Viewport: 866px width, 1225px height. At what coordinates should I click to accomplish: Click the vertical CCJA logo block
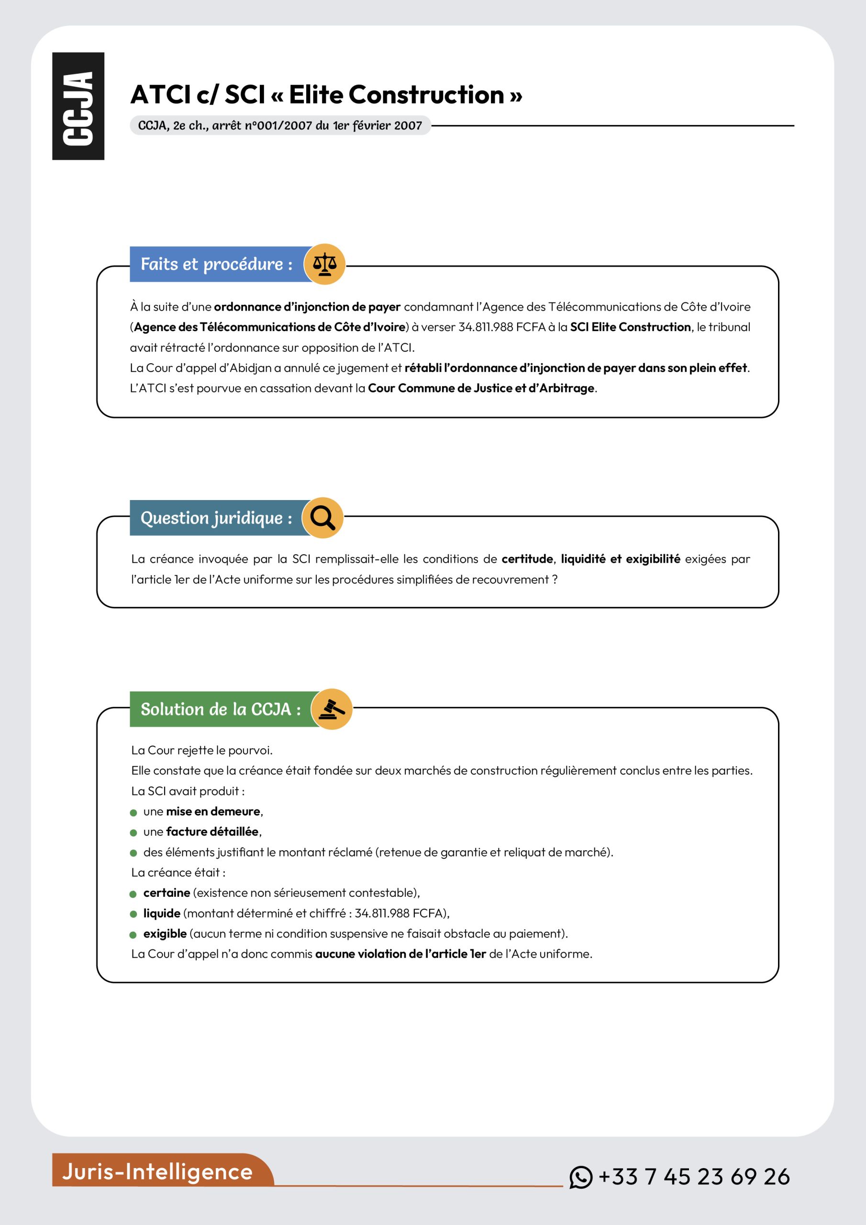click(78, 106)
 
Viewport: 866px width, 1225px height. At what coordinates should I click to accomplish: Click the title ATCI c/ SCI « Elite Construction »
click(326, 95)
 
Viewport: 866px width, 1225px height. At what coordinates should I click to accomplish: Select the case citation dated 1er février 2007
click(279, 125)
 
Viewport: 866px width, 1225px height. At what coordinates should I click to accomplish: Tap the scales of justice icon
click(324, 264)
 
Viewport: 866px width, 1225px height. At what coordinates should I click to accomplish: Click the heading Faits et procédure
click(216, 264)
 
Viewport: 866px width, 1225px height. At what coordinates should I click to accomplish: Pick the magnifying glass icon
click(322, 518)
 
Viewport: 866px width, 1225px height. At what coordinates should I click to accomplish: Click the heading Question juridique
click(216, 518)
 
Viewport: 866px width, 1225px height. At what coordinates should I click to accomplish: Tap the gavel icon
click(332, 709)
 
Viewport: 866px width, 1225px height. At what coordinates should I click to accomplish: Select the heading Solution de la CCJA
click(221, 709)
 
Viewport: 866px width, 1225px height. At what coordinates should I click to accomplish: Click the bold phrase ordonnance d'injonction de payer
click(307, 307)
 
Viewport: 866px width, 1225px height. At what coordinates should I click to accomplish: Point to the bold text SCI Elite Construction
click(630, 327)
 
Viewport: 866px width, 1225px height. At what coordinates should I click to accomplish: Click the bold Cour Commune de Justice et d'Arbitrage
click(481, 389)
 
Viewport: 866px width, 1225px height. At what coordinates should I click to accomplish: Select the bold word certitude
click(527, 559)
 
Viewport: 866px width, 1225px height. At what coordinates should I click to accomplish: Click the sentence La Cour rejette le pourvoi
click(202, 750)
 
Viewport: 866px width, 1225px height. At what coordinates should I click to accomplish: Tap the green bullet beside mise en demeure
click(133, 813)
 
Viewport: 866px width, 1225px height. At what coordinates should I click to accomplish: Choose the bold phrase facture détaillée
click(212, 832)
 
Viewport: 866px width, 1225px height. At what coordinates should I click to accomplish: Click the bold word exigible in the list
click(165, 934)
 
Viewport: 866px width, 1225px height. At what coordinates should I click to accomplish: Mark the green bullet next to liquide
click(133, 914)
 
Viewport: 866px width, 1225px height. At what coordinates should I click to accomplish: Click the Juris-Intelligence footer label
click(157, 1172)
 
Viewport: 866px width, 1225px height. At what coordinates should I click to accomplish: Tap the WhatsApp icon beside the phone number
click(580, 1177)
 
